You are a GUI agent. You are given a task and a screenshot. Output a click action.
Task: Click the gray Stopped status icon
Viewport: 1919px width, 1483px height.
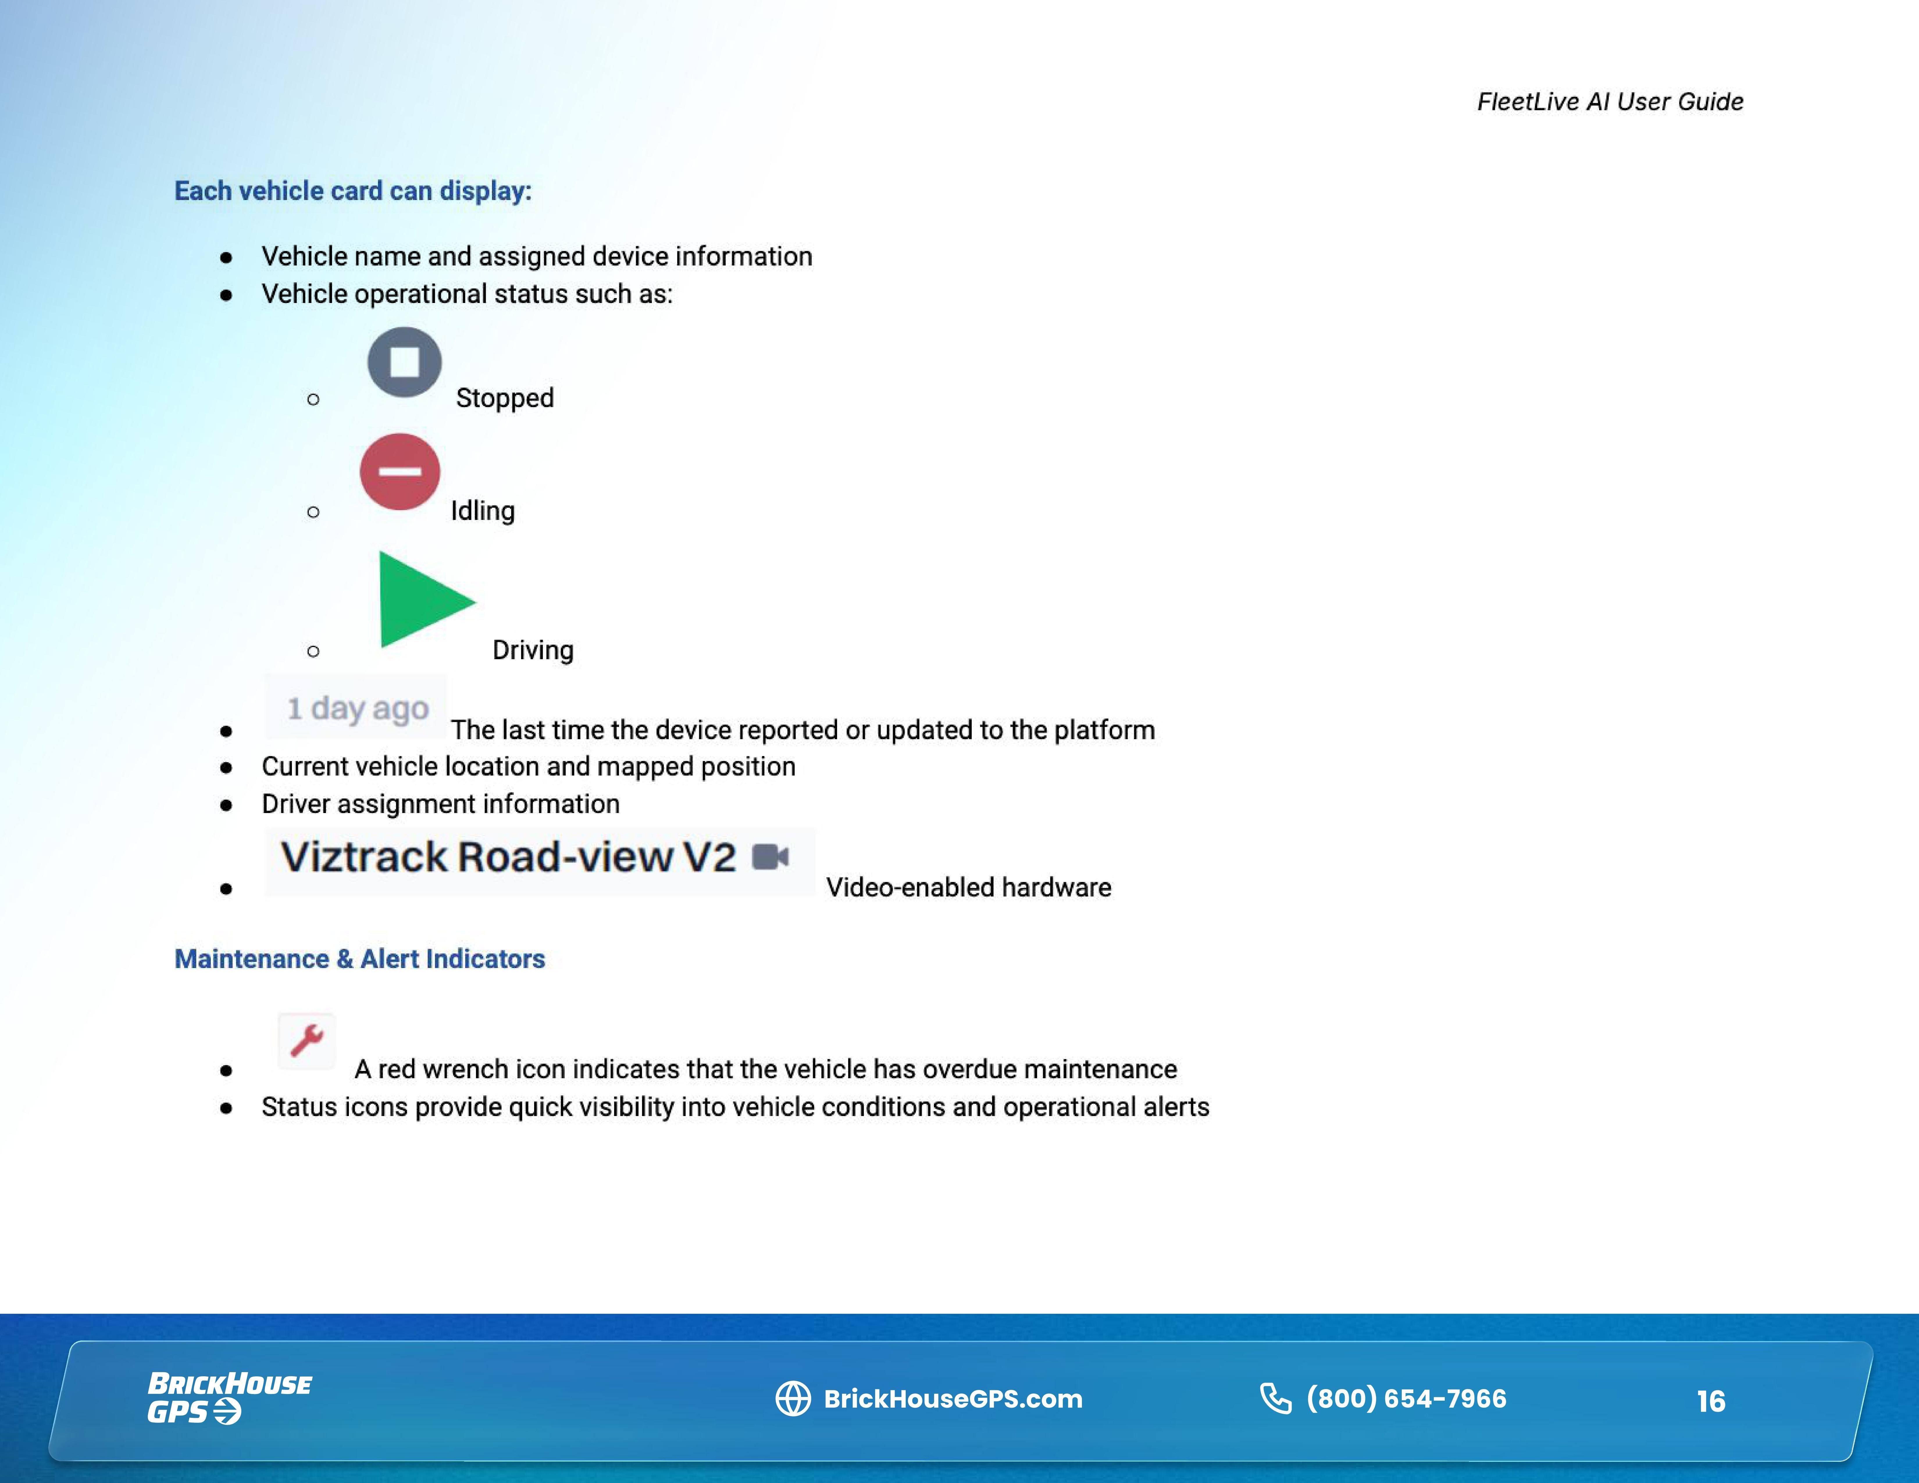point(404,362)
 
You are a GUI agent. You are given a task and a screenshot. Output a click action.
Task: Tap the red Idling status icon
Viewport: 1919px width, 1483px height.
point(400,472)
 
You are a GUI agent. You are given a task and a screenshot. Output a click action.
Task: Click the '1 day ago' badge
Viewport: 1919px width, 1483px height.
point(357,707)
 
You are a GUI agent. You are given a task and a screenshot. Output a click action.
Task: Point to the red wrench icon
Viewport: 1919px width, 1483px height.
point(307,1040)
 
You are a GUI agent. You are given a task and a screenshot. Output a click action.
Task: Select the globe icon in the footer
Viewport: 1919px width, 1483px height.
point(793,1399)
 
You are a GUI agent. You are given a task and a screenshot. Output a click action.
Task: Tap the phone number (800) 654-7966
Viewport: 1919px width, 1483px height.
point(1406,1398)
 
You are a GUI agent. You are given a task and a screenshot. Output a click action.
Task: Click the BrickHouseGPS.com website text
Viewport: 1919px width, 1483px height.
point(953,1399)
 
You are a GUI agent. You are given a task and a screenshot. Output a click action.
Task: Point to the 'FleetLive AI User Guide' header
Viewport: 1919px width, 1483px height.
point(1610,102)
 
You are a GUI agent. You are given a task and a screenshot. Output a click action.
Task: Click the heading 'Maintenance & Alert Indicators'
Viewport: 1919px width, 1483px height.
point(359,958)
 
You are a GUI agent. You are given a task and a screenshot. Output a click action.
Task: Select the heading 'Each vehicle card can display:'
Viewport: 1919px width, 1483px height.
point(352,191)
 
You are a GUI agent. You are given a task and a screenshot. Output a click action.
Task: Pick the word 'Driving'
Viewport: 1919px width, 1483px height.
point(532,650)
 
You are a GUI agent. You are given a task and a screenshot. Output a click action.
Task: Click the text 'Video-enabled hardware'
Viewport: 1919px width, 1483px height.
point(968,887)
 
